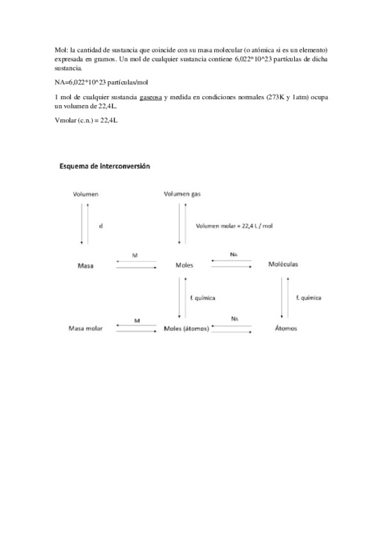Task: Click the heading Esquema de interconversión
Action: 104,166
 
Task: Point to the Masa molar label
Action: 86,328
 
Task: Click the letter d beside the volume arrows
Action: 100,225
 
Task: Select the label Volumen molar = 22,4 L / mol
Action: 235,225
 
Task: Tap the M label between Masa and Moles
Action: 135,255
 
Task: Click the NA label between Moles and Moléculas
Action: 234,255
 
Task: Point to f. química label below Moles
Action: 203,298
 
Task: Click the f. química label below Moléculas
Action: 308,298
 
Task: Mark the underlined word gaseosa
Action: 150,96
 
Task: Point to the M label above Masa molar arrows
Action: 137,319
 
